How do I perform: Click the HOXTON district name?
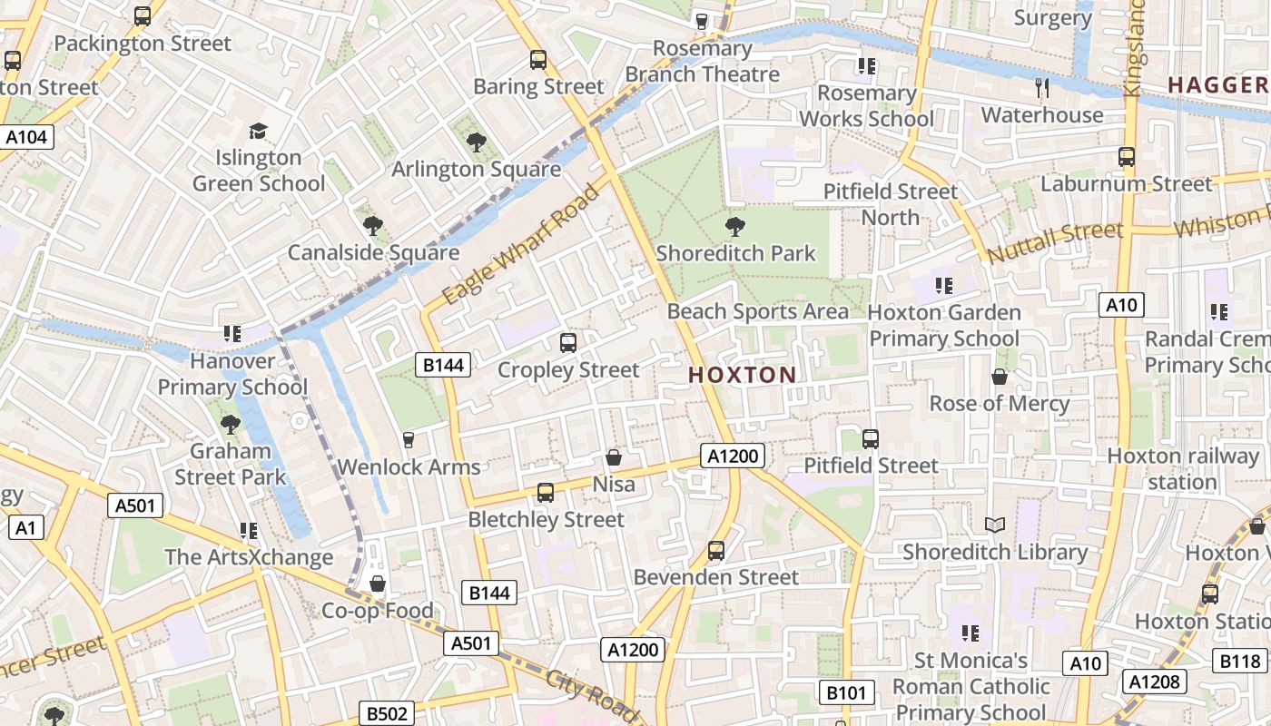(742, 375)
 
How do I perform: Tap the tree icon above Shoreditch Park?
(735, 227)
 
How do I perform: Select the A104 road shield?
(27, 137)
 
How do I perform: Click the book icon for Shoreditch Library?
(995, 525)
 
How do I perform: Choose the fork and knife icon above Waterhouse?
(1042, 88)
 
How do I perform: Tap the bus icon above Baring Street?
(538, 60)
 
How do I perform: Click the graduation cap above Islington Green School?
(259, 132)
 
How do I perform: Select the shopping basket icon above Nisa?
(614, 458)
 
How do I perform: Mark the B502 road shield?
(387, 713)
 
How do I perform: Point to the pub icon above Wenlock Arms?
(409, 440)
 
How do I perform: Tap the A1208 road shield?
(1154, 682)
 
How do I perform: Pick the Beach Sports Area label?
(758, 311)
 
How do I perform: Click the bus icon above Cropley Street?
(568, 343)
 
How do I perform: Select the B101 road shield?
(846, 693)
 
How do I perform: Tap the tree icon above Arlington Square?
(476, 142)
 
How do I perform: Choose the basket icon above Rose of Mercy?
(1000, 377)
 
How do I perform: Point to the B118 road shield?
(1239, 662)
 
